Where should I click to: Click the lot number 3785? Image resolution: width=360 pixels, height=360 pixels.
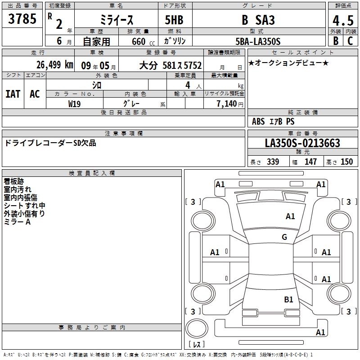click(22, 19)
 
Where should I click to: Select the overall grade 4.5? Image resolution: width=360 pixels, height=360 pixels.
click(343, 20)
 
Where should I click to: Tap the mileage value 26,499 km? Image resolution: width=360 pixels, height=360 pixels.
click(55, 65)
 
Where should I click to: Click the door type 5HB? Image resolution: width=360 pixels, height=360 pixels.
click(174, 20)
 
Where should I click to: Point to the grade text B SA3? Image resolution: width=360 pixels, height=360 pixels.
click(258, 20)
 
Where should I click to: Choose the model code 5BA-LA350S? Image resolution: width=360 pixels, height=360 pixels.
click(258, 41)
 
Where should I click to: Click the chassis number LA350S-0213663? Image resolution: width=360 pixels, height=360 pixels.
click(302, 143)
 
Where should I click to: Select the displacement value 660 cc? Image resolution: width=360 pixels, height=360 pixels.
click(143, 42)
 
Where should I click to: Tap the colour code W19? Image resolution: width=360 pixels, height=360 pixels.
click(74, 104)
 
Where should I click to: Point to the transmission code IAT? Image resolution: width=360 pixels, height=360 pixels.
click(13, 94)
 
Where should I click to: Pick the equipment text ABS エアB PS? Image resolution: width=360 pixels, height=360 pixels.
click(273, 121)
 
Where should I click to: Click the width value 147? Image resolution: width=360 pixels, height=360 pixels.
click(310, 162)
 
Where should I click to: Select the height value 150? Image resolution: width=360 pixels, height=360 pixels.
click(346, 162)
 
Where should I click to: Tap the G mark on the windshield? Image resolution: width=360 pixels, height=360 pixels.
click(284, 237)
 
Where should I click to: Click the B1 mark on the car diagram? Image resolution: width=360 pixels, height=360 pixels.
click(288, 299)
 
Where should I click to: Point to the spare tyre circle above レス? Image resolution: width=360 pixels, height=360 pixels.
click(197, 328)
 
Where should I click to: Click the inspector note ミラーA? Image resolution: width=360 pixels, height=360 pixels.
click(17, 222)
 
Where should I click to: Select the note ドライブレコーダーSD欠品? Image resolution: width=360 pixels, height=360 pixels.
click(50, 143)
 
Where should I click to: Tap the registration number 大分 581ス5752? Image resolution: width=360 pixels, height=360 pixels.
click(171, 65)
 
